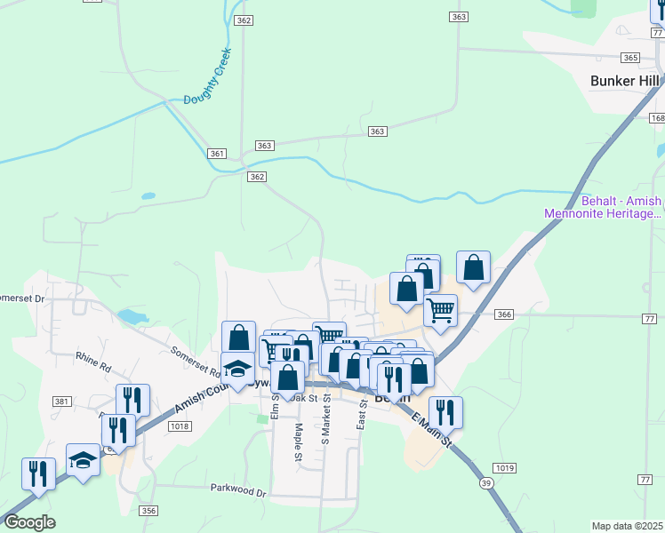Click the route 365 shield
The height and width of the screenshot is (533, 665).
click(x=630, y=58)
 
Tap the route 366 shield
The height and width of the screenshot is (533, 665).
click(x=504, y=314)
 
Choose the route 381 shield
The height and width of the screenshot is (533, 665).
click(x=61, y=402)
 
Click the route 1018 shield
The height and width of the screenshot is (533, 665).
click(x=180, y=427)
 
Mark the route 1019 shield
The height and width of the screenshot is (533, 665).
click(x=503, y=468)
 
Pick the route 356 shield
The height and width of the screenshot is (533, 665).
click(x=148, y=510)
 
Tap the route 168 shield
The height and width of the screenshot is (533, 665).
click(x=657, y=118)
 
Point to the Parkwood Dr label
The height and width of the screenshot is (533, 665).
click(x=238, y=489)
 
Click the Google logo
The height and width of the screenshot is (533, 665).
click(x=28, y=522)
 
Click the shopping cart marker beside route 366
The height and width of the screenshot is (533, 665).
click(x=440, y=311)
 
